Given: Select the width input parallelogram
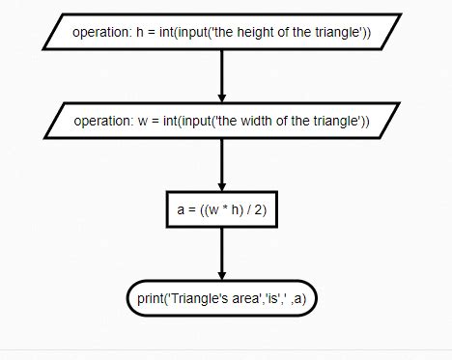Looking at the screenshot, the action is click(x=222, y=121).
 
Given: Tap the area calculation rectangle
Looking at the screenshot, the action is click(x=221, y=209).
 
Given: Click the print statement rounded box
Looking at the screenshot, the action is click(x=221, y=298).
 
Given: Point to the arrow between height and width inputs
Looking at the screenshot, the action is click(x=222, y=76).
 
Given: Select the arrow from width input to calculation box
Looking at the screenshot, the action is click(x=222, y=164).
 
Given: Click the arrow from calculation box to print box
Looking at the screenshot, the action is click(x=222, y=253).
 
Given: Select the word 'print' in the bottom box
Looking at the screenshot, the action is click(x=151, y=298).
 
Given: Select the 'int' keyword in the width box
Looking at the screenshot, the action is click(x=172, y=121).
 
